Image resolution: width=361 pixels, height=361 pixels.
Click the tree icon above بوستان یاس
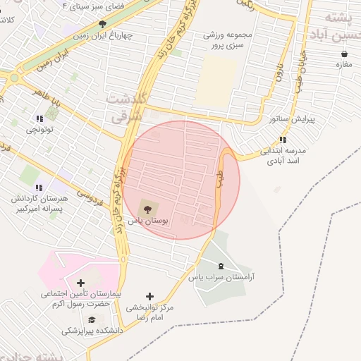click(147, 208)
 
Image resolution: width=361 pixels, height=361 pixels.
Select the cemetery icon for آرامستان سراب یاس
click(223, 265)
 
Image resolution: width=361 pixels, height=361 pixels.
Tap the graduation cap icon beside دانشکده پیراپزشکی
click(91, 319)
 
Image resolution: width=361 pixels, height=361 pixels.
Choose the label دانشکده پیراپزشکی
click(92, 330)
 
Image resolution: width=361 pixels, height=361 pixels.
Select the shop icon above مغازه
click(344, 54)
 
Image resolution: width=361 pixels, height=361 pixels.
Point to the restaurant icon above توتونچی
click(39, 118)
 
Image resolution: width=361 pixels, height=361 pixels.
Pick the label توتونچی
click(39, 130)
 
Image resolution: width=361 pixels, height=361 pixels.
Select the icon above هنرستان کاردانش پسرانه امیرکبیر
click(39, 187)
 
